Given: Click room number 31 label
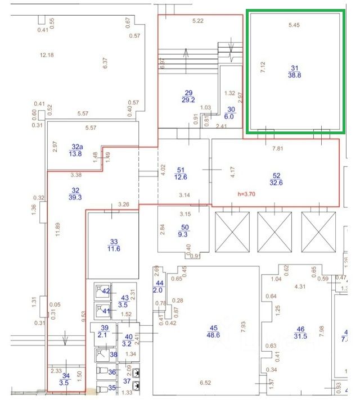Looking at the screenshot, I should tap(295, 67).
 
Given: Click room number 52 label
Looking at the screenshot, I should tap(276, 176).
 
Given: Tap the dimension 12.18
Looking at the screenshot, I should tap(47, 54).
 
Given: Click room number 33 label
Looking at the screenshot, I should tap(113, 240).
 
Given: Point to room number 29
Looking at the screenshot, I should tap(188, 92).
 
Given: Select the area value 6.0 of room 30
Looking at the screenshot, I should tap(231, 116).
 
